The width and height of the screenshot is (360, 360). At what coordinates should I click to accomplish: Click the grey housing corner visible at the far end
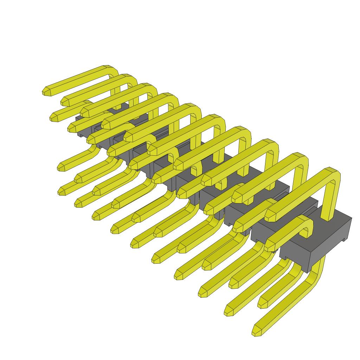pos(78,119)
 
